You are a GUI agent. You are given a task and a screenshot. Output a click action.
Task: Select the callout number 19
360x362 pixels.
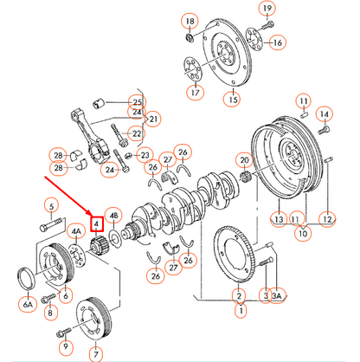(x=266, y=10)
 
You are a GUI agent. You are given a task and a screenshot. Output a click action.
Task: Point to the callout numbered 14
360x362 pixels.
(x=324, y=113)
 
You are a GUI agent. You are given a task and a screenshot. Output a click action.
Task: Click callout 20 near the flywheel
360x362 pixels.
(x=245, y=160)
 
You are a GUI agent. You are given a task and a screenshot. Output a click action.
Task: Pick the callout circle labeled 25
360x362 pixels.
(x=136, y=102)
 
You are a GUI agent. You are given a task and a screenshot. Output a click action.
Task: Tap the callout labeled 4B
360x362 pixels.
(x=115, y=217)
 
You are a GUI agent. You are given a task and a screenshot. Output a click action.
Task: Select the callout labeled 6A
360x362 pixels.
(x=28, y=303)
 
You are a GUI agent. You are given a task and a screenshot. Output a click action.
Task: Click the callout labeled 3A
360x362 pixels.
(x=277, y=296)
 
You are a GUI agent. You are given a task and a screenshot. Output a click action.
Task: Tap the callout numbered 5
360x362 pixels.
(x=51, y=205)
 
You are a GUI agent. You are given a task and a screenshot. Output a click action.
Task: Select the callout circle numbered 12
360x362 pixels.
(x=326, y=220)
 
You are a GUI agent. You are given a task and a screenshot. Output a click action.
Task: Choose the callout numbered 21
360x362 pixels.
(x=154, y=119)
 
